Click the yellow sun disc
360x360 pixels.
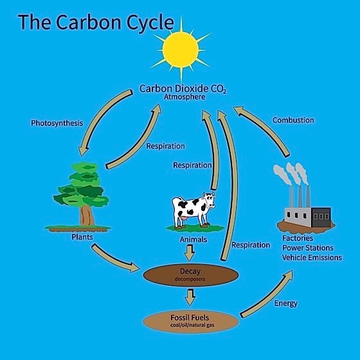(181, 50)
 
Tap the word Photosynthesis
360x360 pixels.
(57, 123)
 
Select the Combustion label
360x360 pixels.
(293, 120)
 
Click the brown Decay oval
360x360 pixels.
(190, 275)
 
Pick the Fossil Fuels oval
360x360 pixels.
(190, 321)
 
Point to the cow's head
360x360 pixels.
(209, 200)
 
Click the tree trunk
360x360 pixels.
(87, 216)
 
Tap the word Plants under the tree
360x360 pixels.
(82, 237)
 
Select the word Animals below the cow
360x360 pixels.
(194, 239)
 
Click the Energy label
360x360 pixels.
(286, 303)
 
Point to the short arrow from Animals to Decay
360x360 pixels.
(190, 253)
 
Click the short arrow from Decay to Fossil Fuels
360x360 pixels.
(190, 298)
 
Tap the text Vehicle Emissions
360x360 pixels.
(312, 258)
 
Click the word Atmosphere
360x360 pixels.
(184, 97)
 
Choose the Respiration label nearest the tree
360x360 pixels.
(166, 146)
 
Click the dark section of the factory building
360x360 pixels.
(321, 217)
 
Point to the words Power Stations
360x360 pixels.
(308, 248)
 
